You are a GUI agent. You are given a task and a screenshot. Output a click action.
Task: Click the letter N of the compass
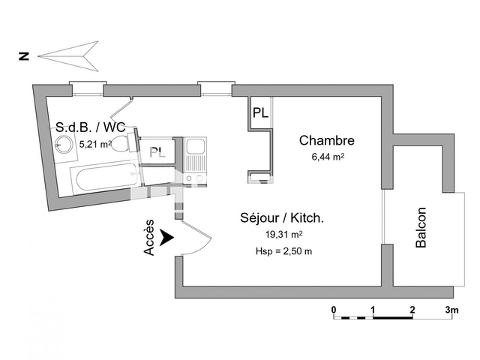click(24, 55)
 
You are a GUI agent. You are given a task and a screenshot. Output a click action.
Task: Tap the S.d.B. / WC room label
click(90, 127)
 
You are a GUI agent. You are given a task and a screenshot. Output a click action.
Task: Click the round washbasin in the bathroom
click(65, 145)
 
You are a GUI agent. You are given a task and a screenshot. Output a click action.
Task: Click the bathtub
click(101, 178)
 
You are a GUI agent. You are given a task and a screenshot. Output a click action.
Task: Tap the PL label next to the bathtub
click(157, 152)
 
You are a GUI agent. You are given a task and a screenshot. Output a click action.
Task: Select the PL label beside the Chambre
click(261, 113)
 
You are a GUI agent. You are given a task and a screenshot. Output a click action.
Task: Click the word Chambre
click(326, 140)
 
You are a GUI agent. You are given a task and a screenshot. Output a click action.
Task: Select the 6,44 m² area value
click(326, 157)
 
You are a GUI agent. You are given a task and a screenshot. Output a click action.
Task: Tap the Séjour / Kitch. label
click(281, 218)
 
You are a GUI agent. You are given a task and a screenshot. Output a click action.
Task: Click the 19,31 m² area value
click(281, 235)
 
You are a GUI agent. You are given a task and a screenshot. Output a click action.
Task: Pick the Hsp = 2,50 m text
click(283, 250)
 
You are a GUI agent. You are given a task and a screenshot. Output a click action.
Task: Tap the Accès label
click(149, 237)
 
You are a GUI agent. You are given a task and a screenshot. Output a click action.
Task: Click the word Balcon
click(421, 227)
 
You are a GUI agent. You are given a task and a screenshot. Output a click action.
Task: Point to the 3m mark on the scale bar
click(451, 309)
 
